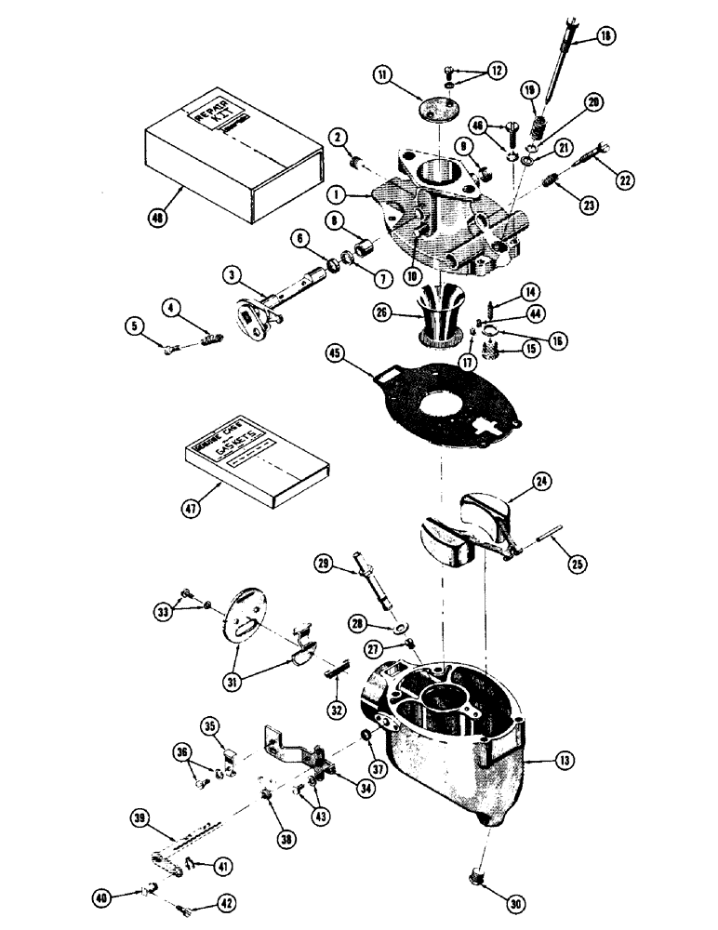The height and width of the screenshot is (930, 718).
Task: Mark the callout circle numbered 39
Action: (140, 817)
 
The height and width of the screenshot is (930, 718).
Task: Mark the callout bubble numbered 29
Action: (323, 563)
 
